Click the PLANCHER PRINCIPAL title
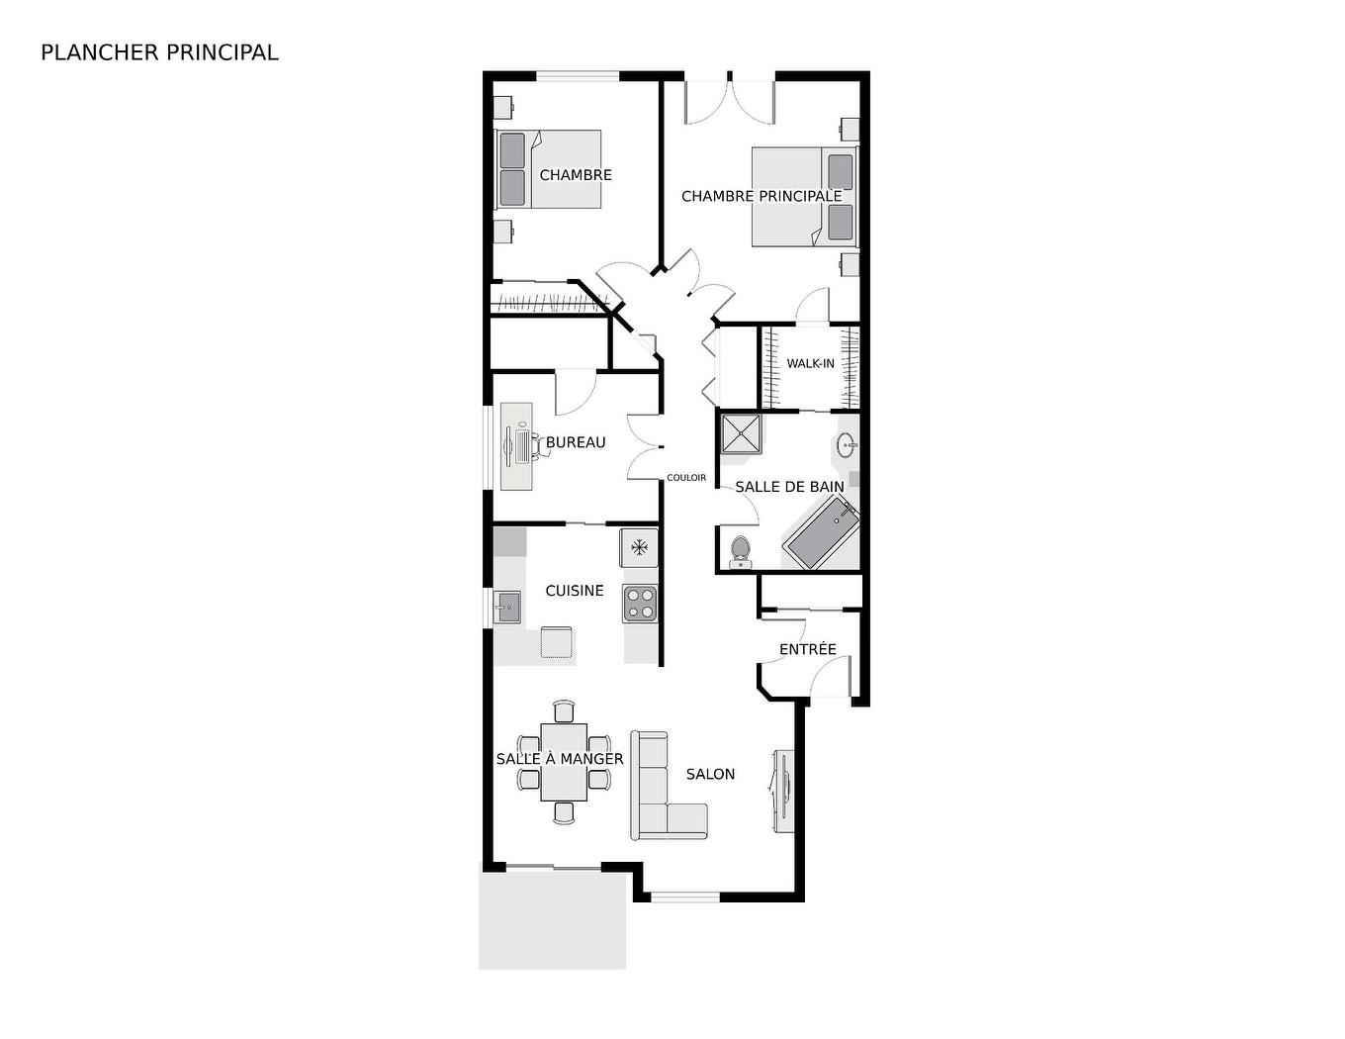159,52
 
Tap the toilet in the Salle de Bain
740,552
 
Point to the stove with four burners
640,604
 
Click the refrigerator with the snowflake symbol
639,547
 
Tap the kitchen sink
508,606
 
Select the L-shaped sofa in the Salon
663,792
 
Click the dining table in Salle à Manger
564,762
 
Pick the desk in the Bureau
516,445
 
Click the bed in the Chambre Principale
803,196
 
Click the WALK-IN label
810,363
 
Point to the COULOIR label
686,478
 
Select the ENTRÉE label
807,649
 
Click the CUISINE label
575,591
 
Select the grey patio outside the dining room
552,920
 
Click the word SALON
710,774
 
